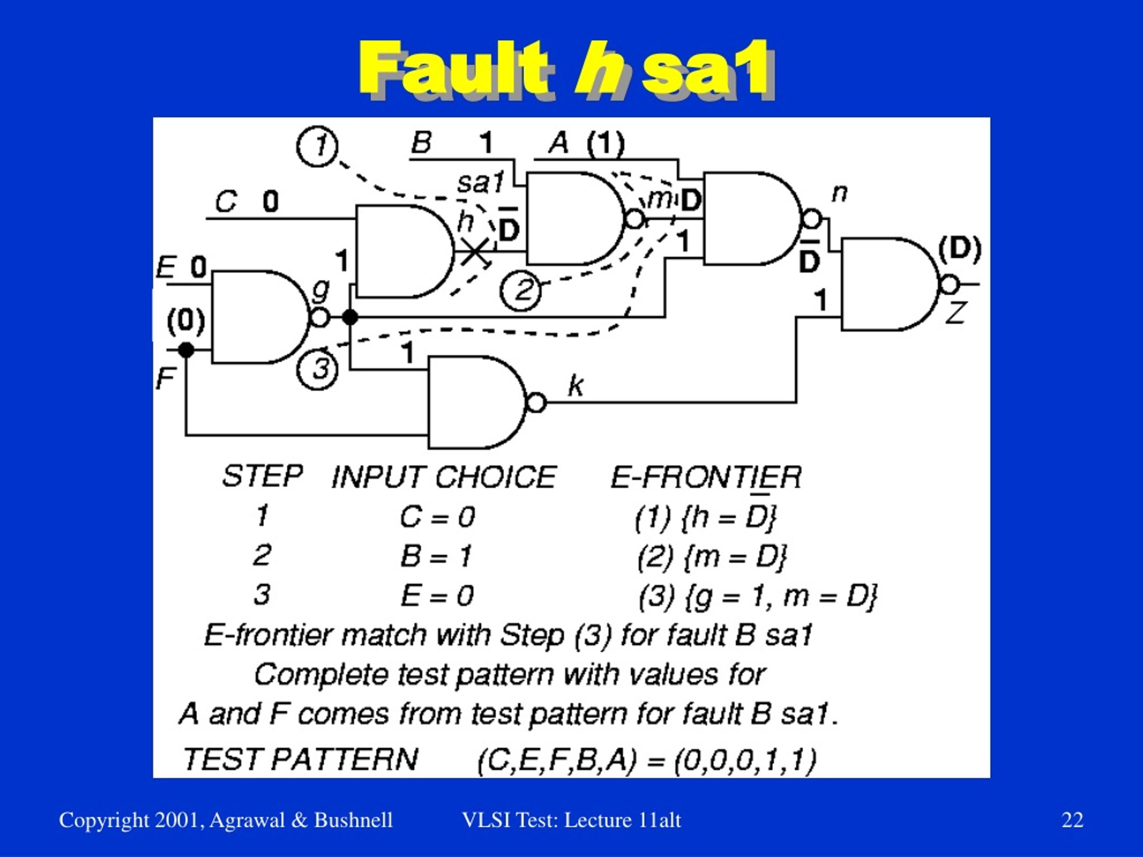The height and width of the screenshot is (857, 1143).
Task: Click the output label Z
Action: [x=955, y=313]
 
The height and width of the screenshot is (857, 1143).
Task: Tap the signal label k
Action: [x=575, y=385]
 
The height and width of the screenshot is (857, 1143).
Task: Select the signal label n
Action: [x=839, y=193]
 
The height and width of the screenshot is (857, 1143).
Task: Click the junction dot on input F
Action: [x=186, y=350]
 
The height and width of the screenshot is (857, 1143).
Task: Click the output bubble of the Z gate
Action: [x=949, y=284]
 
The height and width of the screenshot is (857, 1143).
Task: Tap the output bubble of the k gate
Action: [x=536, y=403]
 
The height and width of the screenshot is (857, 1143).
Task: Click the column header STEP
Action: [x=263, y=476]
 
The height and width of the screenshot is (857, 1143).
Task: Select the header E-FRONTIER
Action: [x=706, y=477]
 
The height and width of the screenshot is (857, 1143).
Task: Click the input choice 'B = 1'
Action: [x=436, y=556]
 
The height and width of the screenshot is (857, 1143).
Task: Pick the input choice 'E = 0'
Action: [x=437, y=595]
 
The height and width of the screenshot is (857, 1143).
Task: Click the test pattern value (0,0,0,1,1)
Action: [x=746, y=760]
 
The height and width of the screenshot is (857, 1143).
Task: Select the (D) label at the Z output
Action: [x=959, y=249]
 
